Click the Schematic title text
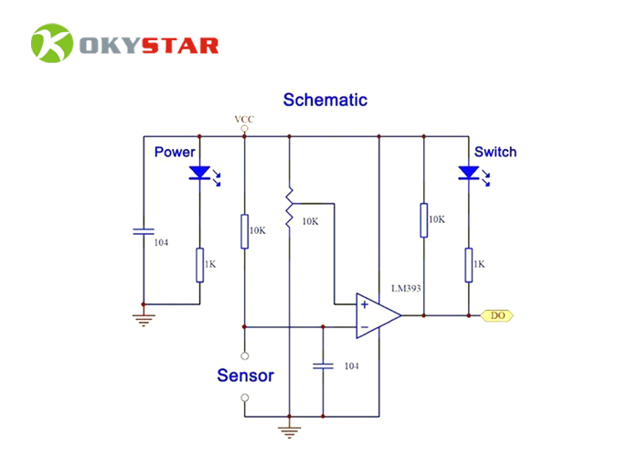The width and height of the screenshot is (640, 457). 325,100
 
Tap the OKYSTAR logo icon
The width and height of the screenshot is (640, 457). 51,45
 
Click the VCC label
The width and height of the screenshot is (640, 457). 244,119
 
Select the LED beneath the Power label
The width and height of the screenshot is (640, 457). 199,174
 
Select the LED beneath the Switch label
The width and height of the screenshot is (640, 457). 468,174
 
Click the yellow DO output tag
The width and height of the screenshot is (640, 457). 497,315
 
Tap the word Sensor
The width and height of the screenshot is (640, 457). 245,375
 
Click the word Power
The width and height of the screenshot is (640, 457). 175,152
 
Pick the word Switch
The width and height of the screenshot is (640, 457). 495,152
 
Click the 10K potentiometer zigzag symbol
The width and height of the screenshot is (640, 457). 289,208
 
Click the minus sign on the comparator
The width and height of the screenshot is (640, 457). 364,326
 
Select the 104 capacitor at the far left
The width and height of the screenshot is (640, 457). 143,231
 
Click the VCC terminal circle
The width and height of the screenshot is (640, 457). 244,129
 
